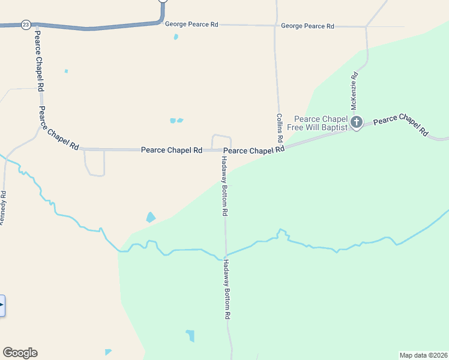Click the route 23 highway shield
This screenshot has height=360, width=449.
point(25,25)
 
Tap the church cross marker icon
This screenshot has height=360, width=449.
point(357,123)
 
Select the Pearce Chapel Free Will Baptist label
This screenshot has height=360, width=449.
point(321,124)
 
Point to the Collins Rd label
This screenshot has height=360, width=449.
point(280,128)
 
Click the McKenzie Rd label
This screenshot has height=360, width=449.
point(355,91)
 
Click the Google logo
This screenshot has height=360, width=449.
point(20,353)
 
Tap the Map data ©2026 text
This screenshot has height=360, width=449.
point(423,355)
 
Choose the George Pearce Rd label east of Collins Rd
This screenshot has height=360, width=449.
point(307,26)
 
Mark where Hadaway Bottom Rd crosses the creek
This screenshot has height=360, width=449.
point(225,255)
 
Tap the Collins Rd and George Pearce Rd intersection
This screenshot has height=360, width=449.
point(276,26)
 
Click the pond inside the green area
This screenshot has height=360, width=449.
point(190,335)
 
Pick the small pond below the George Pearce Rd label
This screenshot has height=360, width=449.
point(175,37)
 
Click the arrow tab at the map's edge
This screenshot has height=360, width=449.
point(2,305)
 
